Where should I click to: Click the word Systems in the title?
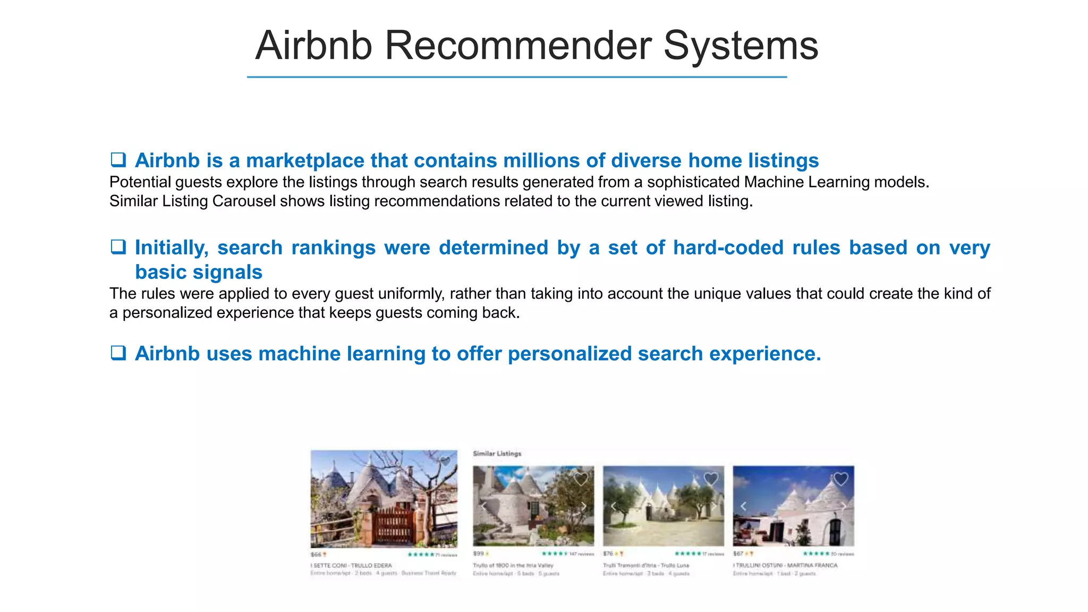(741, 46)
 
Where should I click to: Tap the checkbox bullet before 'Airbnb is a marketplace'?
(118, 160)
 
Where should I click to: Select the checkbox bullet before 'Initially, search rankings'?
(118, 247)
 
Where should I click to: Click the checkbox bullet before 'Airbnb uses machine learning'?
(118, 353)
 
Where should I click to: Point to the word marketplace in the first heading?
(305, 160)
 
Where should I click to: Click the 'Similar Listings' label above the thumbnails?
(497, 454)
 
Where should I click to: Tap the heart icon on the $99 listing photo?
(581, 479)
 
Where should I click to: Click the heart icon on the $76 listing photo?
(711, 479)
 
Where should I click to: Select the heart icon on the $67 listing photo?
(840, 479)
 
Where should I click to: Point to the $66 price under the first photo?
(316, 555)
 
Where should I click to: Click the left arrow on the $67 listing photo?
(743, 506)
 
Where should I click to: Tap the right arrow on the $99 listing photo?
(583, 506)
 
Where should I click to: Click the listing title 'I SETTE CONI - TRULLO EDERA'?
(351, 566)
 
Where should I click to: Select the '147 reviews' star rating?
(567, 554)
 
